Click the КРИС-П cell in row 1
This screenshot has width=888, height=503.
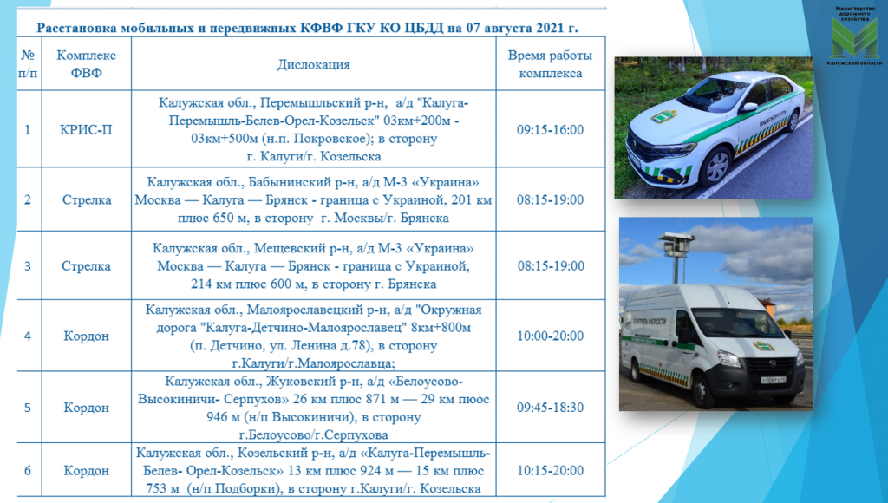86,130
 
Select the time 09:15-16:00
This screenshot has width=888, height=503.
550,130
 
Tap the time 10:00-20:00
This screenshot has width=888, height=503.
550,336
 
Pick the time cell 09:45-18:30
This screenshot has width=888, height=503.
550,408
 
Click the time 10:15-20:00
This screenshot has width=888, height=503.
550,471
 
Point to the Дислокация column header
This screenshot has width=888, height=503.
314,64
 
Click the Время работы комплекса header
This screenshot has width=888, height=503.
550,64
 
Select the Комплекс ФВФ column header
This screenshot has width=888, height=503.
86,64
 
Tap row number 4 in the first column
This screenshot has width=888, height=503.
28,336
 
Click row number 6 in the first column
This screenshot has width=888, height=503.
28,471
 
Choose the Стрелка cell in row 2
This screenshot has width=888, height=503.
86,200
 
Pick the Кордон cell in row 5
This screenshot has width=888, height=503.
86,408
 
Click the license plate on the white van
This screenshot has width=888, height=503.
773,378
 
